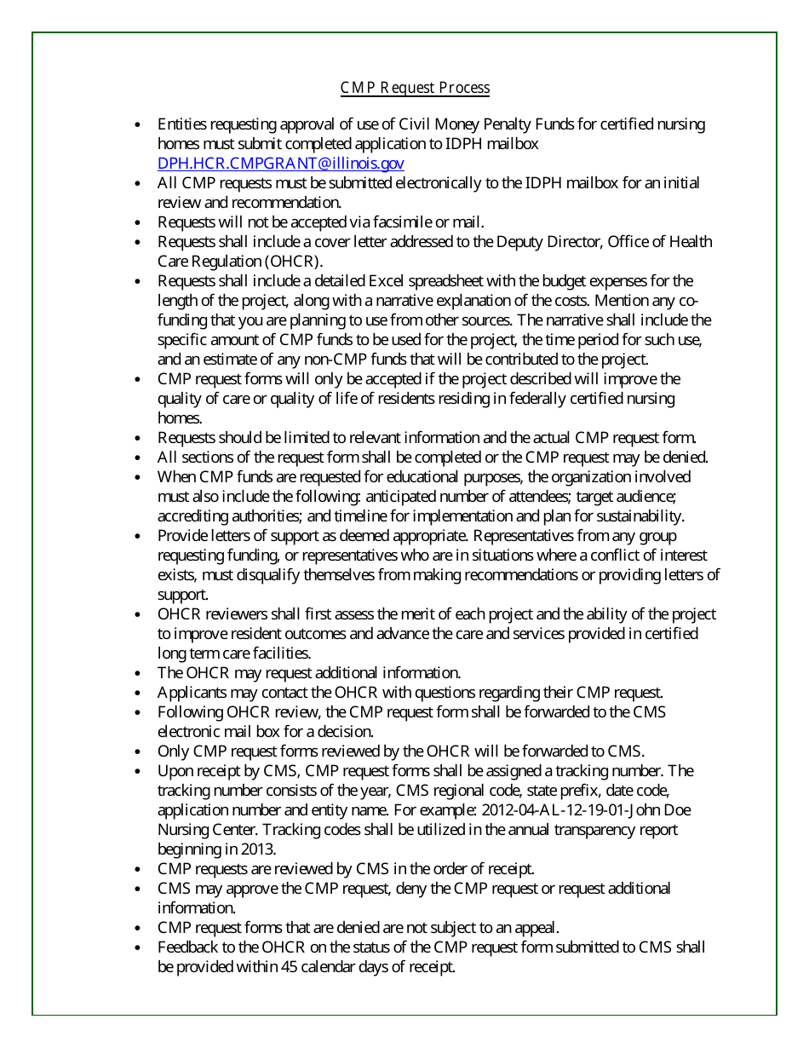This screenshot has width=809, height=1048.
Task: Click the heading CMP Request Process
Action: tap(415, 88)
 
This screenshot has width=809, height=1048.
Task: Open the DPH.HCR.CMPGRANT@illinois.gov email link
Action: tap(281, 164)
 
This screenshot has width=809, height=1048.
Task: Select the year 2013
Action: tap(258, 849)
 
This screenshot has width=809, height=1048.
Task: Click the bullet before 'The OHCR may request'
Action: tap(138, 673)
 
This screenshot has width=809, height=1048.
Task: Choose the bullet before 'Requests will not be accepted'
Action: tap(138, 222)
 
